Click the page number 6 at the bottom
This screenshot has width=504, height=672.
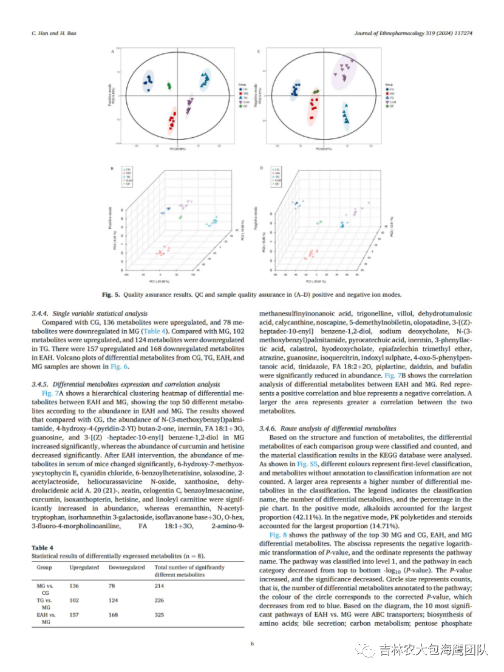tap(251, 644)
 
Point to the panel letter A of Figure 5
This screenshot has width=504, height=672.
tap(112, 52)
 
